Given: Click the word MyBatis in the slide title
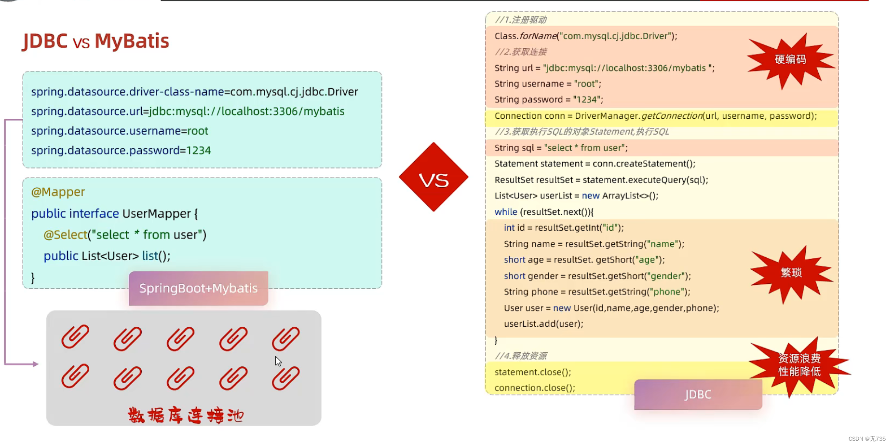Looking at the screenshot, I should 132,41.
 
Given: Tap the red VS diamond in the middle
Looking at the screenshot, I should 433,177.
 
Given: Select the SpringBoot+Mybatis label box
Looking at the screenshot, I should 198,288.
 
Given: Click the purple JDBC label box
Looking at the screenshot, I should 698,394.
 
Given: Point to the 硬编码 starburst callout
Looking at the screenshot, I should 790,59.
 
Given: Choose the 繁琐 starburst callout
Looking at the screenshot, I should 791,273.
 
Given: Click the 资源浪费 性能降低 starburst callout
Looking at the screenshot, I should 799,365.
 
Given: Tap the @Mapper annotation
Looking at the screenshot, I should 58,192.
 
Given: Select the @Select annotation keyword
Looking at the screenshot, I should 65,235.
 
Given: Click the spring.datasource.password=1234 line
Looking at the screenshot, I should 121,151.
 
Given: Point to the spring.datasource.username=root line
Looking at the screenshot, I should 120,131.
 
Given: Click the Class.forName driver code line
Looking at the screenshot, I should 585,36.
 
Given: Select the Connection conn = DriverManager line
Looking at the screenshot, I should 655,116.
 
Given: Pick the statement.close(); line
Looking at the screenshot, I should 532,372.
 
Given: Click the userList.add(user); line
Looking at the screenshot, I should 543,324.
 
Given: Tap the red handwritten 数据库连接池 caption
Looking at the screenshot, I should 186,415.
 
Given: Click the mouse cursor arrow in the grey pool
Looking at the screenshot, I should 278,361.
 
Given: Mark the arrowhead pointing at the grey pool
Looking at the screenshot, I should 35,364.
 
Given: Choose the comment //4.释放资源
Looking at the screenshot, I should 521,356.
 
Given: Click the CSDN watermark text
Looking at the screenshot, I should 866,439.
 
